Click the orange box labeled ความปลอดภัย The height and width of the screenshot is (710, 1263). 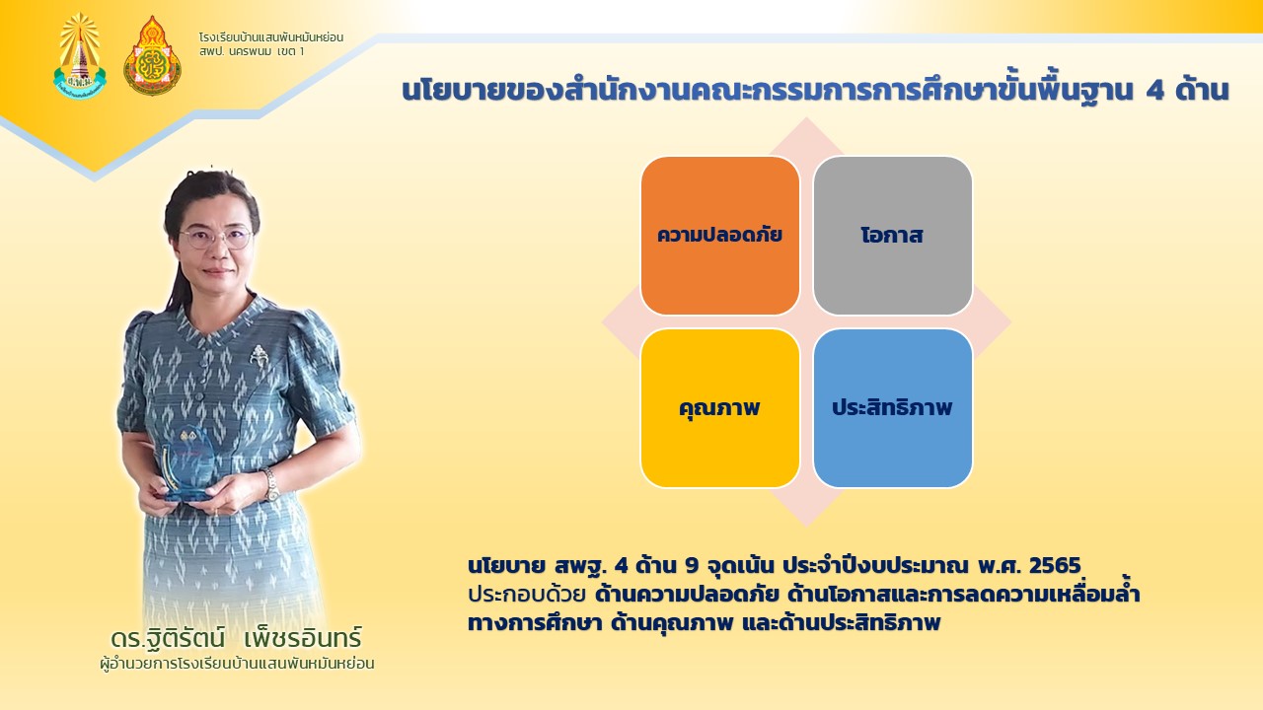pyautogui.click(x=720, y=236)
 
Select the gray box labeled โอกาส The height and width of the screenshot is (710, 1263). pyautogui.click(x=893, y=236)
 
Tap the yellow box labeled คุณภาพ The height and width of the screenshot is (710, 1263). pyautogui.click(x=720, y=408)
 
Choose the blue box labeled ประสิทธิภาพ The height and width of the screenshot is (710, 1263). pyautogui.click(x=893, y=408)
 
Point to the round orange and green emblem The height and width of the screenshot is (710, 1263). pyautogui.click(x=152, y=56)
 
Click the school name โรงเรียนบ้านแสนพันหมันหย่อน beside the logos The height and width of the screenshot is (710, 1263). pyautogui.click(x=271, y=37)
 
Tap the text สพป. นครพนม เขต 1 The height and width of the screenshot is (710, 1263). pyautogui.click(x=252, y=52)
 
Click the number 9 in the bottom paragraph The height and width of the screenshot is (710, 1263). pyautogui.click(x=692, y=565)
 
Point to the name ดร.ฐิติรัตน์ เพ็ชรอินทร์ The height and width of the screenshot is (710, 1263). pyautogui.click(x=236, y=638)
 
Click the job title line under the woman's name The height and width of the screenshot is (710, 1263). pyautogui.click(x=237, y=664)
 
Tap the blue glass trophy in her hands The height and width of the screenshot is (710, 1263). pyautogui.click(x=187, y=463)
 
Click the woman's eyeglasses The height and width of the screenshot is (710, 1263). pyautogui.click(x=216, y=238)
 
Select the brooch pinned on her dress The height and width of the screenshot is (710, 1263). pyautogui.click(x=259, y=356)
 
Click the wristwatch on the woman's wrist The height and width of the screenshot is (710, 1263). pyautogui.click(x=270, y=484)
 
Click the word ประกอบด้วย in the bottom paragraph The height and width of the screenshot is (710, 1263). pyautogui.click(x=527, y=595)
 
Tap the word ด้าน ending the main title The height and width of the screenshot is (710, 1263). pyautogui.click(x=1202, y=90)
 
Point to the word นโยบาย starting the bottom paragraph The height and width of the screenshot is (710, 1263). pyautogui.click(x=506, y=566)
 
